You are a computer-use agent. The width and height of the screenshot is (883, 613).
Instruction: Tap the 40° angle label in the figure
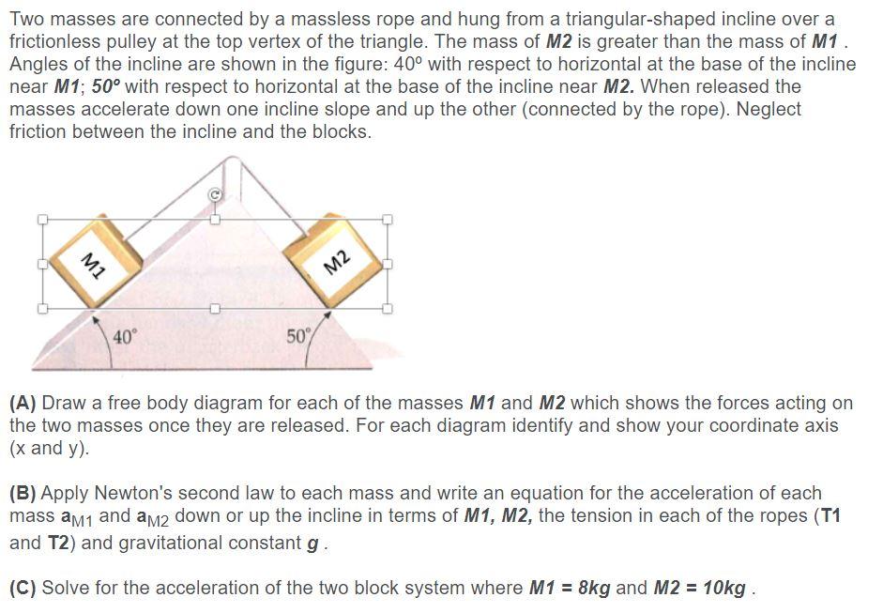coord(125,336)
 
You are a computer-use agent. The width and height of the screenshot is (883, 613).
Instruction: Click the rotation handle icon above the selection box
coord(214,194)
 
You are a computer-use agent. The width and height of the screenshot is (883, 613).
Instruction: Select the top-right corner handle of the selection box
coord(388,220)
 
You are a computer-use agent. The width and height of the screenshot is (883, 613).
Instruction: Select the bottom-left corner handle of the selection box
coord(41,308)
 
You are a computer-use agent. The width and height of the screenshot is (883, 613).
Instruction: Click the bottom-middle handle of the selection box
coord(214,308)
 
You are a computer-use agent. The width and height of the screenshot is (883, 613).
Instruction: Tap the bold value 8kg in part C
coord(593,589)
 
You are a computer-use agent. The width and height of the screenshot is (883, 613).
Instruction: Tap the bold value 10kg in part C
coord(723,589)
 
